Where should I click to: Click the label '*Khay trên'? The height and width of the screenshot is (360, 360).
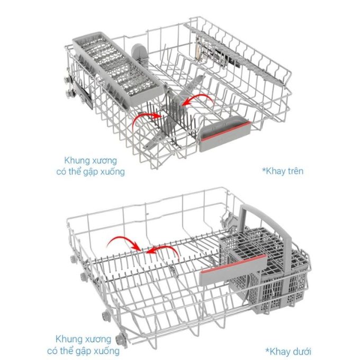pyautogui.click(x=283, y=171)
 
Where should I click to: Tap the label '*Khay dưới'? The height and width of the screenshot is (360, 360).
pyautogui.click(x=289, y=352)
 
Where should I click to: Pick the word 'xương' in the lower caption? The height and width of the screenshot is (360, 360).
pyautogui.click(x=97, y=339)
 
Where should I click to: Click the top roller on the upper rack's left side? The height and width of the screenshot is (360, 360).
pyautogui.click(x=68, y=79)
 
